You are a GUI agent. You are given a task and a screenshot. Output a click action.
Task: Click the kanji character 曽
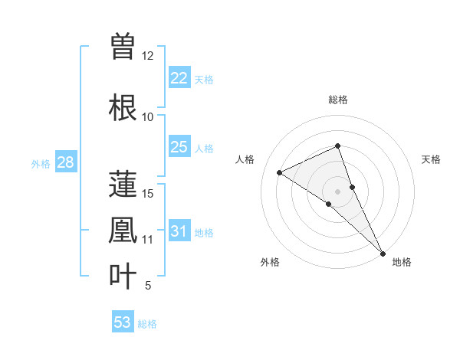tap(123, 46)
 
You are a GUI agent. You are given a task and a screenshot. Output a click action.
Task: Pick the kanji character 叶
tap(123, 276)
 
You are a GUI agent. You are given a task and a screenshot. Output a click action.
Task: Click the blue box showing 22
tap(179, 78)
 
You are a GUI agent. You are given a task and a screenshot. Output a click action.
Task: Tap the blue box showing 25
tap(179, 147)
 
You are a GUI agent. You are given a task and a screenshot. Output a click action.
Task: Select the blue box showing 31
tap(179, 231)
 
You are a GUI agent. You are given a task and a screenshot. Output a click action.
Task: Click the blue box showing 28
tap(65, 162)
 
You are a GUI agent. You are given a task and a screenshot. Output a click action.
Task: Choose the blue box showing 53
tap(123, 322)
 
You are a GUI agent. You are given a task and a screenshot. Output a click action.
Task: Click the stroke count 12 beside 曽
tap(148, 56)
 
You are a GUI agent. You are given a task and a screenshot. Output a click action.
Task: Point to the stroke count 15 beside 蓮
tap(148, 194)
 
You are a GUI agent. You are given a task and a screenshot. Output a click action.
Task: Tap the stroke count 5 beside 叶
tap(148, 286)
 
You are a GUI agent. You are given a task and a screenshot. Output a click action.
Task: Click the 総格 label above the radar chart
tap(338, 100)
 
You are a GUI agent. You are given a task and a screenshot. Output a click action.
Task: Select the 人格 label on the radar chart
tap(245, 159)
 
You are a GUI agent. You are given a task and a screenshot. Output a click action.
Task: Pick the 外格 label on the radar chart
tap(270, 262)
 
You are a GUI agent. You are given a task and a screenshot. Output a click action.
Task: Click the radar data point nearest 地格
tap(383, 252)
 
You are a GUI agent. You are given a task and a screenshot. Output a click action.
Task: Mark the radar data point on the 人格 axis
tap(280, 172)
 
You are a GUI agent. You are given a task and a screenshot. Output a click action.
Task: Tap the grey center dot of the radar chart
tap(338, 191)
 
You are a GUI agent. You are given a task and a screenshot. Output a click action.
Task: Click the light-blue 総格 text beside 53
tap(147, 324)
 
